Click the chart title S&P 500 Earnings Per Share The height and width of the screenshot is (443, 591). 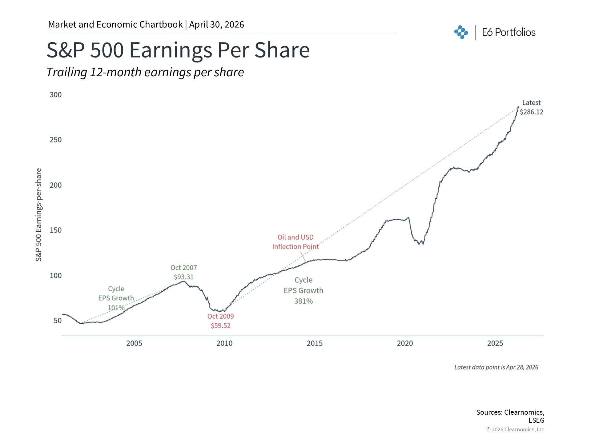pos(178,50)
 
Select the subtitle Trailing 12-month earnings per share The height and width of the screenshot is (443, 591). pos(145,72)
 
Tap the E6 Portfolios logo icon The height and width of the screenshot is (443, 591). pos(461,32)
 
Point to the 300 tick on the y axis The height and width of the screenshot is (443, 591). pos(56,95)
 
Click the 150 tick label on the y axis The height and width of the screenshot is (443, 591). pos(56,230)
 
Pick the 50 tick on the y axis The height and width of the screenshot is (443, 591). pos(58,321)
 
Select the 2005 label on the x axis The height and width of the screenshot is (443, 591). pos(134,343)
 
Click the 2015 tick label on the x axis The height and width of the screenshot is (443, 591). pos(315,343)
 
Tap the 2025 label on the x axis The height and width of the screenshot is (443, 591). pos(495,343)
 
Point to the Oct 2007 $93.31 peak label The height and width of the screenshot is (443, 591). pos(184,272)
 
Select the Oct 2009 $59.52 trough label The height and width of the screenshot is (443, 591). pos(221,321)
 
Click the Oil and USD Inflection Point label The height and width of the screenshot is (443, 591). pos(295,242)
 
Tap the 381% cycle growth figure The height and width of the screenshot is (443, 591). pos(303,301)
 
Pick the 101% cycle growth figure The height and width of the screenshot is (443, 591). pos(116,308)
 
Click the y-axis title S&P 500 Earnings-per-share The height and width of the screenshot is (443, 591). pos(38,215)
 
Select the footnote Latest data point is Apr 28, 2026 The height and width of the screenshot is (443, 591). pos(496,367)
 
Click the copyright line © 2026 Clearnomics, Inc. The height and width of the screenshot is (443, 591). pos(516,429)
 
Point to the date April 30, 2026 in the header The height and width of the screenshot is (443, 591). pos(217,25)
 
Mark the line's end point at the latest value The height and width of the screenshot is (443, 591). pos(518,107)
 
